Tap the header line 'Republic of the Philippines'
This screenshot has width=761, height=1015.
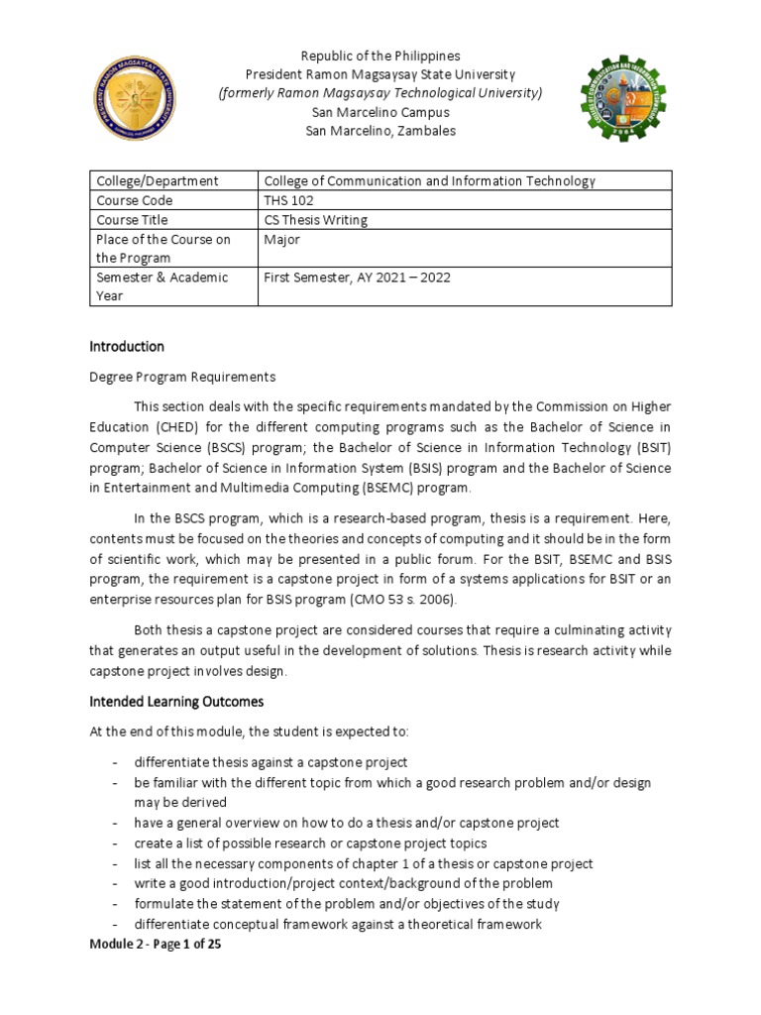pos(380,56)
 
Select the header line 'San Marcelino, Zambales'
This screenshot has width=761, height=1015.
pos(380,132)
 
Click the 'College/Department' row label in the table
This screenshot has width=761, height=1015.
pos(157,181)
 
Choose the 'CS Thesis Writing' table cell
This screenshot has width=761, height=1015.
pos(314,220)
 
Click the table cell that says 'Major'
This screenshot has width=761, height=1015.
pos(282,239)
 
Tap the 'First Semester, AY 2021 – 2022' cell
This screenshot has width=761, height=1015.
pos(357,278)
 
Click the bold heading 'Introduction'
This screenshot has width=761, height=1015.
pos(127,347)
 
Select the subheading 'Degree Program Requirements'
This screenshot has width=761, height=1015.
pos(183,378)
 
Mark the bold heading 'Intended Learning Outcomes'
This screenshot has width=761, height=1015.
pos(176,702)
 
